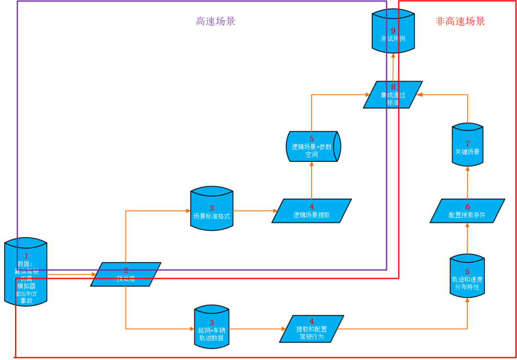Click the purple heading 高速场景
click(x=215, y=21)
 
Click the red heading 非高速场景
click(x=460, y=21)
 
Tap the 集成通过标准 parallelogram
click(x=393, y=95)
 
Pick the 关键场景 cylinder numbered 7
click(x=467, y=146)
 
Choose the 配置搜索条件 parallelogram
click(x=467, y=211)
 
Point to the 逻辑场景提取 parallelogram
click(x=312, y=211)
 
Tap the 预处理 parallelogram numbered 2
click(x=126, y=274)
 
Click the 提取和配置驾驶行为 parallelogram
click(x=312, y=329)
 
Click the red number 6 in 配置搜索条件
click(x=468, y=207)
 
